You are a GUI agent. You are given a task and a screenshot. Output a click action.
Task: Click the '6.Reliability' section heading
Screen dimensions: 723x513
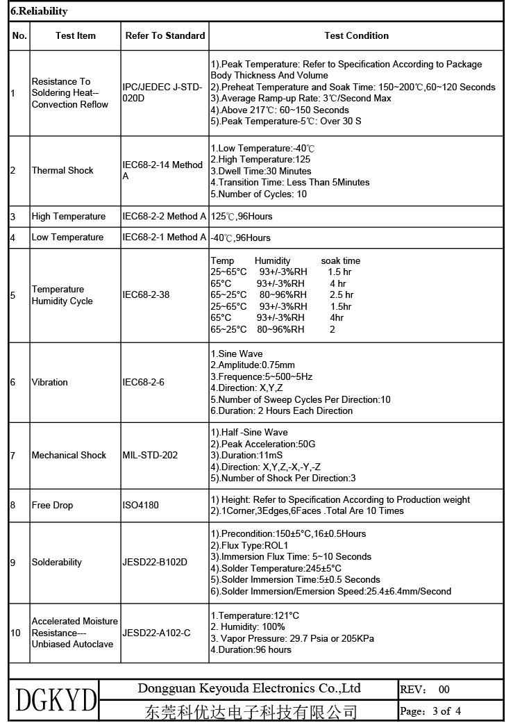click(40, 12)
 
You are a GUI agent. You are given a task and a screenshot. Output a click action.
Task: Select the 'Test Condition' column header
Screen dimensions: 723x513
click(356, 35)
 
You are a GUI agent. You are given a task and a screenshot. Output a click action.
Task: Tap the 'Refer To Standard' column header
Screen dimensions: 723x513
click(165, 35)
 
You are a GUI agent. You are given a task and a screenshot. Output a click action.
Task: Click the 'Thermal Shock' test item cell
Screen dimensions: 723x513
click(62, 170)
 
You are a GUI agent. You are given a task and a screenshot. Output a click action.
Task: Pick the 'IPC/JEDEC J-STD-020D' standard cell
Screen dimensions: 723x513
click(162, 92)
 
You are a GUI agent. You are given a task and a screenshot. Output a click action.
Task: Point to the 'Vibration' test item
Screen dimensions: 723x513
click(50, 382)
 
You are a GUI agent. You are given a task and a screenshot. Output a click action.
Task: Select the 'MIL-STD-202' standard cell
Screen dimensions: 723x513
click(150, 455)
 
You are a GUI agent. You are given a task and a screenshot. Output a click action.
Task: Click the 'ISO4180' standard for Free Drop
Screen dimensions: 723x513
click(141, 505)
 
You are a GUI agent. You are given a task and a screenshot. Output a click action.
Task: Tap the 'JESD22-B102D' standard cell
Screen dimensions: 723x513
click(155, 562)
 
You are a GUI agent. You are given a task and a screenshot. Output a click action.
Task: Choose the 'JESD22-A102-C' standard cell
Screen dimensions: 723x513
click(156, 633)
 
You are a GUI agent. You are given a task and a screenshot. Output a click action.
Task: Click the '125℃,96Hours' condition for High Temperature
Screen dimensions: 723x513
click(242, 216)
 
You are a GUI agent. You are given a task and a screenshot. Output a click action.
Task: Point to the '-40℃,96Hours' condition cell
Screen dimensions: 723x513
click(240, 238)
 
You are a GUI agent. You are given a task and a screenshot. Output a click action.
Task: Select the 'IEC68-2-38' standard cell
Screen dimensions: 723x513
click(146, 294)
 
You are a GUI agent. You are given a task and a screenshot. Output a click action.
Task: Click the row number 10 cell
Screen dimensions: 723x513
click(16, 633)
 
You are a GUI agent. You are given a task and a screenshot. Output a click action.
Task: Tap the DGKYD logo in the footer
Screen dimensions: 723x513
click(56, 700)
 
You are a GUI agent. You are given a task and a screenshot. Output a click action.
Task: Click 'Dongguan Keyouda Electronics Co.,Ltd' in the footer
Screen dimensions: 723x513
click(249, 688)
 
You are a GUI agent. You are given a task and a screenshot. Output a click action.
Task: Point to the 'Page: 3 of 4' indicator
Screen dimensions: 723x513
click(430, 710)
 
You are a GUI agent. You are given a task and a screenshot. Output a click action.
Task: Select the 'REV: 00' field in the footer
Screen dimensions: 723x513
click(425, 689)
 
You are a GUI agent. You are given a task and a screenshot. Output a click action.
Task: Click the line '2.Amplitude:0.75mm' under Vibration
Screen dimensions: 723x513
click(253, 365)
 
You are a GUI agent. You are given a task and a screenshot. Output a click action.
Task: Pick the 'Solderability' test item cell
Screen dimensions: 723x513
click(57, 562)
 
